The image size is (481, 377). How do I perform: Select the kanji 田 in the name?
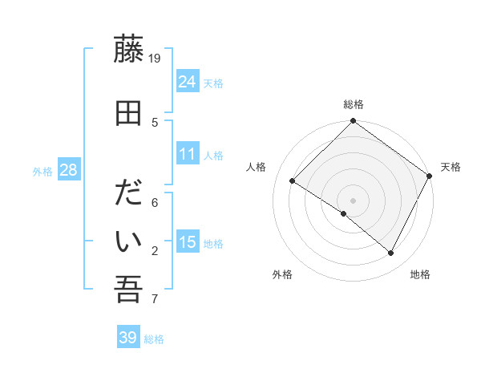point(129,114)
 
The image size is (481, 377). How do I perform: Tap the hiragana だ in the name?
point(129,196)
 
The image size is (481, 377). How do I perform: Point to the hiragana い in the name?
point(129,241)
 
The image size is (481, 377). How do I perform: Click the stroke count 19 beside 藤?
point(156,58)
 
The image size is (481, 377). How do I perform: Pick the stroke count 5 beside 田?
point(156,123)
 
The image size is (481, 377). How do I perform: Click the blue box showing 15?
point(188,241)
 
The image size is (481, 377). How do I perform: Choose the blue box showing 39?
point(128,338)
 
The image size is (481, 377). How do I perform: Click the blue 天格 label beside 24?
point(213,83)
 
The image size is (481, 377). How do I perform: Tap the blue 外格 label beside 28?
point(42,171)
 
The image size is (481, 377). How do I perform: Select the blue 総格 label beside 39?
point(154,339)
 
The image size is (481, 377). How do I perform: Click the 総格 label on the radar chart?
point(353,104)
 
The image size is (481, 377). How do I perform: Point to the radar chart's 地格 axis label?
point(420,274)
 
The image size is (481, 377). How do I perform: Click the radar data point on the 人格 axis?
point(293,180)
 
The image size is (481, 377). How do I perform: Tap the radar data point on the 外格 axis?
point(344,213)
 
